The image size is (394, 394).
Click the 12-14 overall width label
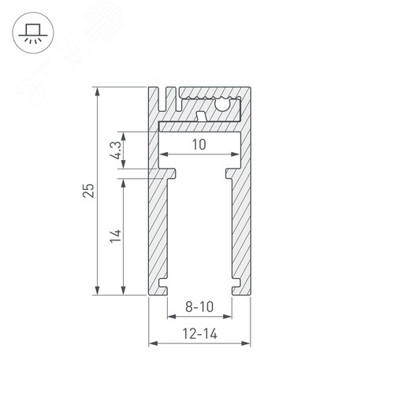point(199,333)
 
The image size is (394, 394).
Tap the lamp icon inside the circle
point(32,32)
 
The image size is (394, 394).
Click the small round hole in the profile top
point(225,102)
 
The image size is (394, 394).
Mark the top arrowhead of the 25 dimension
point(98,91)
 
